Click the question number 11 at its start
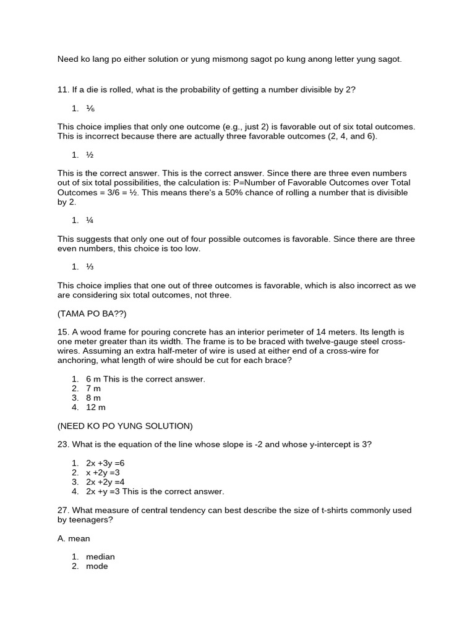tap(62, 90)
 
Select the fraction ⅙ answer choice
tap(90, 108)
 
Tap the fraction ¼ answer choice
tap(90, 220)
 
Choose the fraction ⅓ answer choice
tap(90, 266)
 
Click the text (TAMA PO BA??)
tap(92, 313)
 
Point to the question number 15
tap(62, 332)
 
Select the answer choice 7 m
tap(93, 388)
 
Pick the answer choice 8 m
tap(93, 397)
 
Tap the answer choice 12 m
tap(96, 407)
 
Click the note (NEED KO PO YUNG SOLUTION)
tap(125, 426)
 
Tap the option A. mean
tap(74, 538)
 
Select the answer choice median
tap(100, 557)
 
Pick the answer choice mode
tap(97, 566)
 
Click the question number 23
tap(62, 444)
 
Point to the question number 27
tap(62, 510)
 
